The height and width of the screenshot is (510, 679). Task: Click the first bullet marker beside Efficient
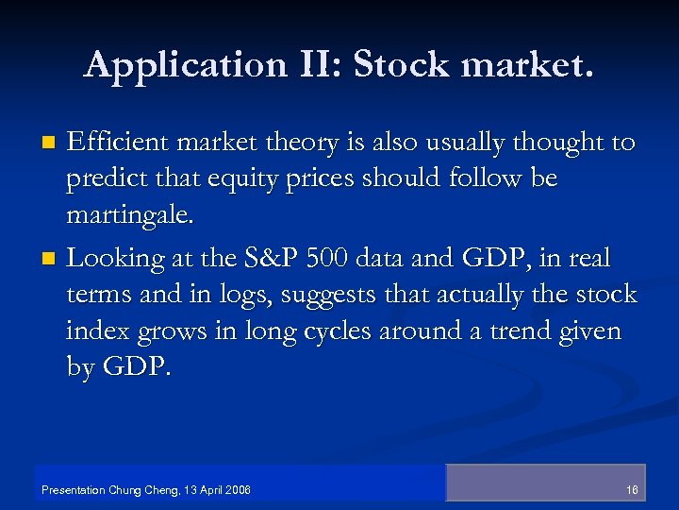click(x=52, y=144)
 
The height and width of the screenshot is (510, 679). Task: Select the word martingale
click(x=129, y=216)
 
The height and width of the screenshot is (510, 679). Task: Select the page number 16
click(x=631, y=490)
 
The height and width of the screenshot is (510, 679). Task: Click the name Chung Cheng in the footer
click(x=136, y=490)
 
